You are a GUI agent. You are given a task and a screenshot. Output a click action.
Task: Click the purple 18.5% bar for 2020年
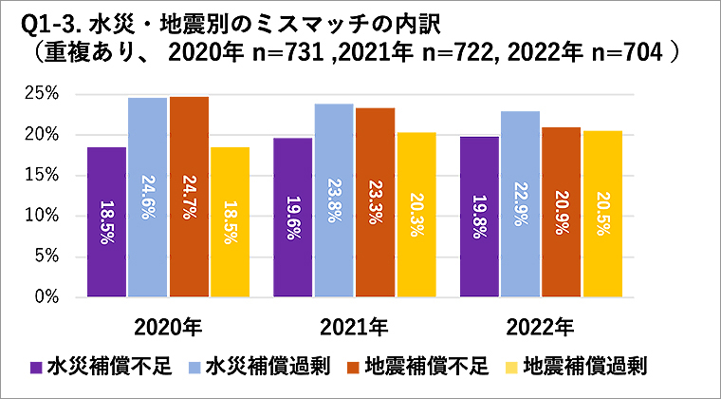coord(106,221)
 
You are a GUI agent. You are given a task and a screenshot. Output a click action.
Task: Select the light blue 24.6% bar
coord(147,197)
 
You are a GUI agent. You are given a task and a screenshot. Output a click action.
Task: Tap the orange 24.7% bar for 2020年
coord(189,197)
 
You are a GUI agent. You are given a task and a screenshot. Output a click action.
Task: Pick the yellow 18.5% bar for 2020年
coord(230,221)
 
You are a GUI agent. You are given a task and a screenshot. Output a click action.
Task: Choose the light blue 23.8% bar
coord(333,199)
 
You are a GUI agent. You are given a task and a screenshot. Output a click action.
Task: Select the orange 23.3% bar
coord(375,201)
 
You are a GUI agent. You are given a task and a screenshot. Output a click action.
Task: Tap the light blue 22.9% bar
coord(519,203)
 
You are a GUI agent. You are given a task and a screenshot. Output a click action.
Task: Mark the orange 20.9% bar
coord(561,212)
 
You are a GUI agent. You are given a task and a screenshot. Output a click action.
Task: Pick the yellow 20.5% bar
coord(601,213)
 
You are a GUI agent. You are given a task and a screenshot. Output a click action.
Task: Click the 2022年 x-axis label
coord(540,328)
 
